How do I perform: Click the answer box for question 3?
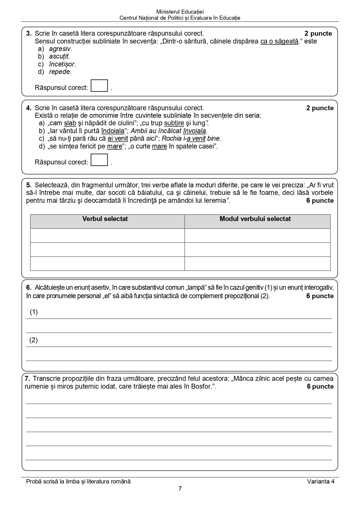pyautogui.click(x=99, y=86)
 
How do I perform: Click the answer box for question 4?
pyautogui.click(x=99, y=160)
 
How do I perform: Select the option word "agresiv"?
pyautogui.click(x=60, y=49)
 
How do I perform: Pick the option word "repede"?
pyautogui.click(x=59, y=72)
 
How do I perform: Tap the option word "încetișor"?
pyautogui.click(x=62, y=64)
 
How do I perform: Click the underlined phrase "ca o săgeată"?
pyautogui.click(x=279, y=41)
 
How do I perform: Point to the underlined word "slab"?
pyautogui.click(x=70, y=123)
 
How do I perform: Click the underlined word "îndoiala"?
pyautogui.click(x=113, y=131)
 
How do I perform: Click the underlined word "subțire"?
pyautogui.click(x=174, y=123)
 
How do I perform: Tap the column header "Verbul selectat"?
pyautogui.click(x=105, y=219)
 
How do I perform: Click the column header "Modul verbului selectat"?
pyautogui.click(x=255, y=219)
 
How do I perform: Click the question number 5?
pyautogui.click(x=28, y=185)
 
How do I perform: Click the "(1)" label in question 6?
pyautogui.click(x=34, y=312)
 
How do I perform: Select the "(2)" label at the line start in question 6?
pyautogui.click(x=34, y=340)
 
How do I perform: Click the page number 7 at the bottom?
pyautogui.click(x=180, y=489)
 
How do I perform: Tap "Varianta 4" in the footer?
pyautogui.click(x=321, y=481)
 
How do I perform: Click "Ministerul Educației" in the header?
pyautogui.click(x=180, y=12)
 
